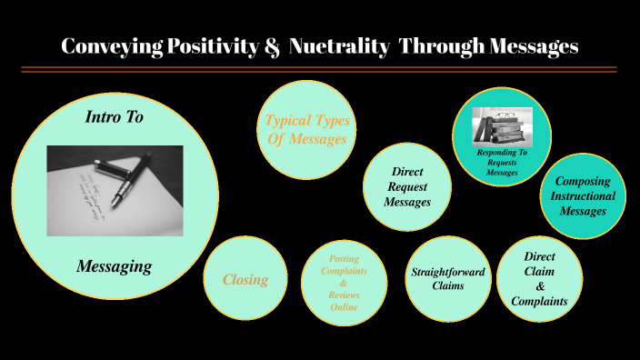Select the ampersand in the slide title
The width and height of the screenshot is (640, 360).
tap(271, 46)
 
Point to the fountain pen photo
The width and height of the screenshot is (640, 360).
tap(115, 191)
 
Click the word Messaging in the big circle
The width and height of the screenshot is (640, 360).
tap(114, 266)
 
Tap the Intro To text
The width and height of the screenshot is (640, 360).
tap(115, 117)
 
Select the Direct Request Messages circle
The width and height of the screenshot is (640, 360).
tap(407, 186)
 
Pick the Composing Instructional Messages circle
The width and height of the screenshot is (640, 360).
tap(583, 195)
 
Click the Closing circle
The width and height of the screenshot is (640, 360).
tap(245, 279)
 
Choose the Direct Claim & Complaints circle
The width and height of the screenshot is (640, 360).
tap(539, 279)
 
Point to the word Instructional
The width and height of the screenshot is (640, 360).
tap(584, 196)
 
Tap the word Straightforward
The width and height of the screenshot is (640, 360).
tap(448, 272)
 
